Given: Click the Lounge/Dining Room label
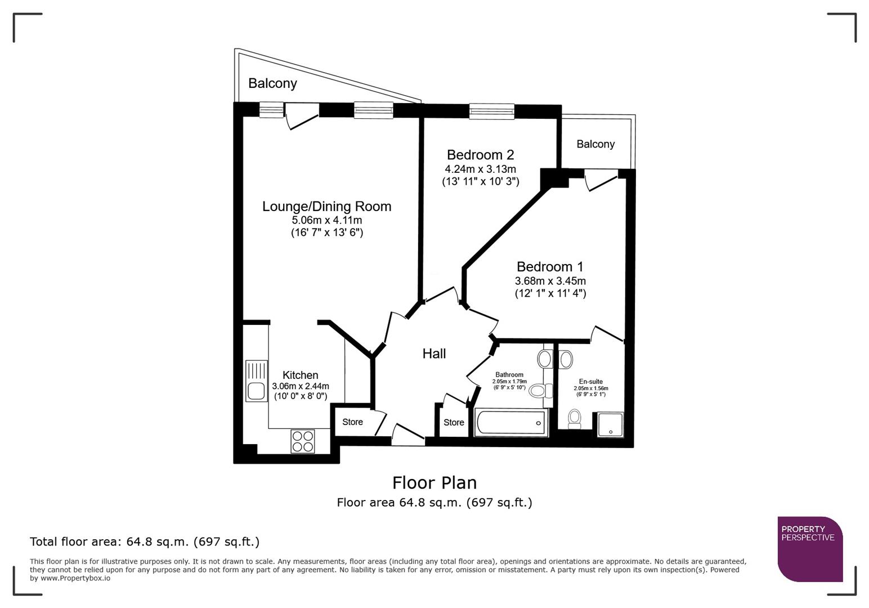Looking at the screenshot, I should tap(326, 207).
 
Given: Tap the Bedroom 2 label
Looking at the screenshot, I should tap(480, 155).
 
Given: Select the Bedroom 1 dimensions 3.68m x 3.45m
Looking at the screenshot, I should tap(550, 281).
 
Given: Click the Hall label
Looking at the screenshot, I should tap(434, 354).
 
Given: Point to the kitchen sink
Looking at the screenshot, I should tap(256, 381).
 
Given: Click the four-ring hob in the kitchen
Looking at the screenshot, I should tap(303, 441).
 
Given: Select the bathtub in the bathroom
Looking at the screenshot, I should tap(511, 423).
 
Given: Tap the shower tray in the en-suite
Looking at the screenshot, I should tap(610, 425).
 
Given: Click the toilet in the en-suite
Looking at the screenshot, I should tap(574, 418).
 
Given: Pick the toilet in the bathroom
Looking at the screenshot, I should tap(538, 390).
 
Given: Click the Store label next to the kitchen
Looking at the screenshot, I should tap(352, 422).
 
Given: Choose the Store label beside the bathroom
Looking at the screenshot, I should tap(454, 422).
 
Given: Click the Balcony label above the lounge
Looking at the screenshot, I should tap(272, 83).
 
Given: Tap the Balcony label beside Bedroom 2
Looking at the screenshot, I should tap(595, 144).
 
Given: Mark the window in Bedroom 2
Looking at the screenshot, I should tap(491, 111).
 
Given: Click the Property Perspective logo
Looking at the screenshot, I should tap(809, 548).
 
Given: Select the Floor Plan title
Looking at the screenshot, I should tap(434, 482).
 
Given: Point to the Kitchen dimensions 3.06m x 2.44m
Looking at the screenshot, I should tap(300, 386).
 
